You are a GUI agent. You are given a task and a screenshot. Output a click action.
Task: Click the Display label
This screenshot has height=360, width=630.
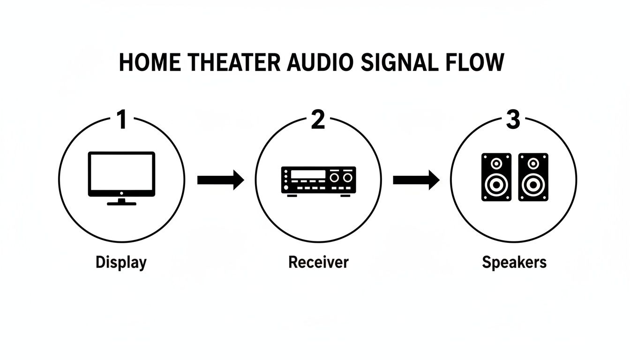tap(121, 262)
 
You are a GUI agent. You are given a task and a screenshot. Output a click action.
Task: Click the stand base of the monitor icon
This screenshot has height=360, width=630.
tap(121, 203)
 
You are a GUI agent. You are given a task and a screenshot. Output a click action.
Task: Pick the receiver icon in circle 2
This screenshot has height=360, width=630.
tap(318, 180)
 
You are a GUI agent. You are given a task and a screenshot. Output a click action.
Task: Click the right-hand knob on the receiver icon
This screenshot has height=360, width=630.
tap(347, 178)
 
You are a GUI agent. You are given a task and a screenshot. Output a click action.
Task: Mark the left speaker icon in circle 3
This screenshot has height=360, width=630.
tap(496, 177)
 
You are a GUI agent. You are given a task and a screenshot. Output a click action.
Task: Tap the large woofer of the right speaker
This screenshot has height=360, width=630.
tap(533, 186)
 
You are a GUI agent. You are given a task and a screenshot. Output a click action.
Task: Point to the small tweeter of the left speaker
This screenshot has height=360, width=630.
tap(496, 163)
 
